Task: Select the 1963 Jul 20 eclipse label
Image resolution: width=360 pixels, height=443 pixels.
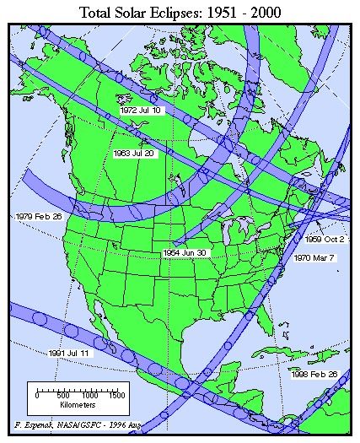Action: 133,154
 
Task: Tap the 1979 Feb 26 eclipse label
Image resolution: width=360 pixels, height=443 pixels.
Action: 39,217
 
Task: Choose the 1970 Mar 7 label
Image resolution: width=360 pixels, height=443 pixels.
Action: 316,257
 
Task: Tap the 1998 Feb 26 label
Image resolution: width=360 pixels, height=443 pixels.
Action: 316,373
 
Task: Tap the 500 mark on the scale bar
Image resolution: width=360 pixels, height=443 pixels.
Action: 63,395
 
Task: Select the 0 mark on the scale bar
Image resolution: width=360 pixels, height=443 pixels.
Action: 37,395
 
